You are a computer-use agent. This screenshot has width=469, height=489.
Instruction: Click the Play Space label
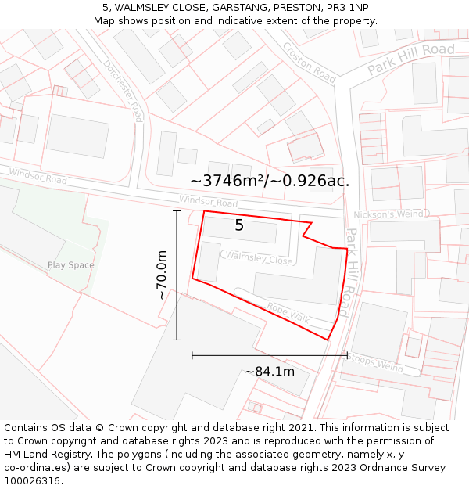pos(70,265)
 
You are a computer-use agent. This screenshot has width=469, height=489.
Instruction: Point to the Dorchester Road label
pos(124,92)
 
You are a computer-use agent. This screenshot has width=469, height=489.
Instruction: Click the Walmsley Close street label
pos(259,258)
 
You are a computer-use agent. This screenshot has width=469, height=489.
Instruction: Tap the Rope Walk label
pos(288,313)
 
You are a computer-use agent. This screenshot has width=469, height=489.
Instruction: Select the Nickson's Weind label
pos(388,214)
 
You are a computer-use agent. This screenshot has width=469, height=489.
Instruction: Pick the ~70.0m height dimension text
pos(162,275)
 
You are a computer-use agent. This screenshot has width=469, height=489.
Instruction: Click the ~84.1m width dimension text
pos(270,372)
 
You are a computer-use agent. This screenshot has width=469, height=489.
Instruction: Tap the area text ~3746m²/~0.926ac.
pos(270,181)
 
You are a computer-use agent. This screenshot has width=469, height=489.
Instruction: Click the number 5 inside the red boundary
pos(239,226)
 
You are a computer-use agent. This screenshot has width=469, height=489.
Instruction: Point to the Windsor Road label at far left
pos(38,176)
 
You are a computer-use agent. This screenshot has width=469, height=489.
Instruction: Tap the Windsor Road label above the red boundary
pos(208,202)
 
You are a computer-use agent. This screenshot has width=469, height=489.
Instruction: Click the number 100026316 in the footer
pos(32,480)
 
